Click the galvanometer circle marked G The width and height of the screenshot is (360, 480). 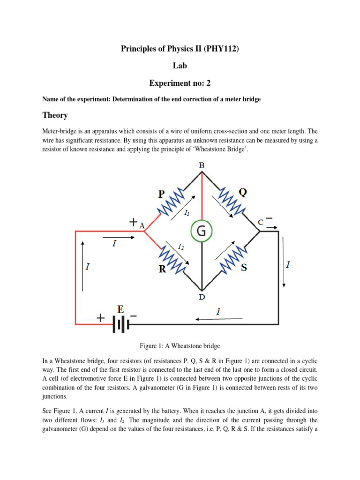tap(202, 231)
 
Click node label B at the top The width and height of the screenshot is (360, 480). tap(202, 165)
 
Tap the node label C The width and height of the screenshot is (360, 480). tap(260, 223)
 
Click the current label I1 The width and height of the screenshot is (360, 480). tap(187, 213)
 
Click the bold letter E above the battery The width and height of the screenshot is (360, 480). tap(121, 309)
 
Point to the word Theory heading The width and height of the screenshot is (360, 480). tap(55, 115)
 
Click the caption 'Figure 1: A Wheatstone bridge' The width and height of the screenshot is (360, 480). tap(180, 346)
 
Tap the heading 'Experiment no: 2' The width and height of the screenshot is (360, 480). tap(180, 83)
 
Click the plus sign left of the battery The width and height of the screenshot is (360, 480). tap(100, 318)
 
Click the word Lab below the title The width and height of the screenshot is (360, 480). tap(180, 66)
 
